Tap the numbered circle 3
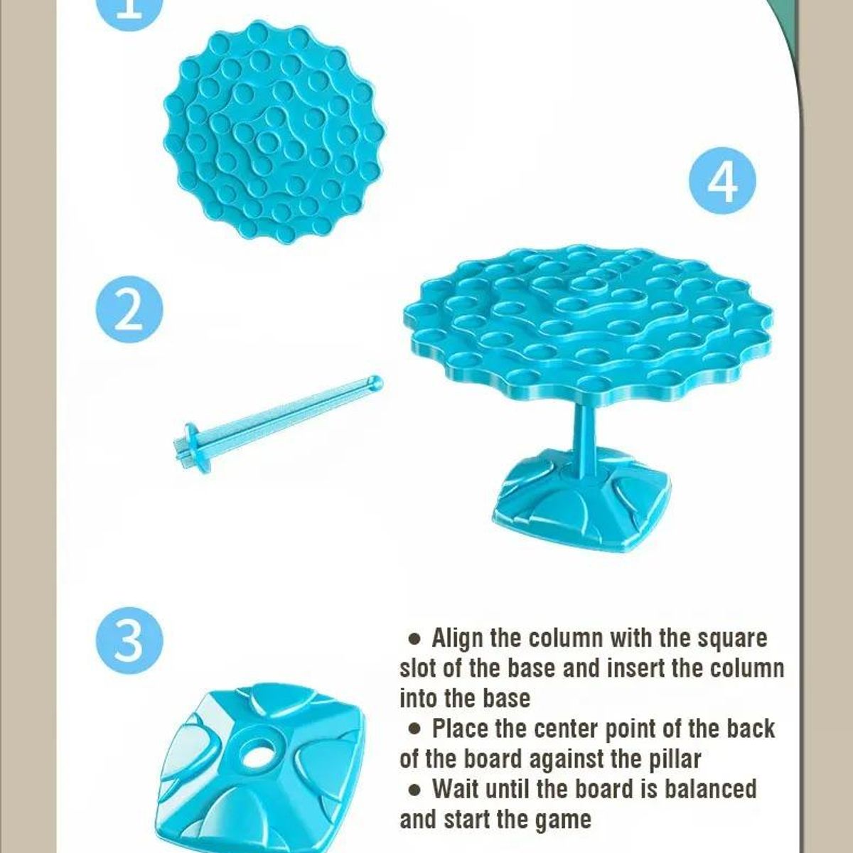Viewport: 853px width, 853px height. [x=129, y=640]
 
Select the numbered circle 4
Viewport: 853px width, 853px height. [x=722, y=181]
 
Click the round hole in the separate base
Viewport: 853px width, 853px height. [x=257, y=756]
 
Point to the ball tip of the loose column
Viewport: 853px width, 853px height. [x=375, y=382]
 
